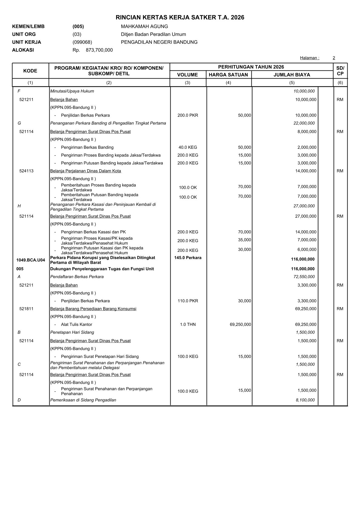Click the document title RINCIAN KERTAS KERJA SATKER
click(x=180, y=18)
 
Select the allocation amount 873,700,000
click(x=99, y=50)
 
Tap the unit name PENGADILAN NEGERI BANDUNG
click(x=159, y=42)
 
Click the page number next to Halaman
click(x=334, y=58)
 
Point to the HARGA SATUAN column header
click(x=228, y=75)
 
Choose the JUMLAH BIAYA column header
click(x=292, y=75)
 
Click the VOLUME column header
click(x=188, y=75)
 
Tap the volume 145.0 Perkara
click(x=188, y=258)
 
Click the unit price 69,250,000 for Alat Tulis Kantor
click(x=240, y=325)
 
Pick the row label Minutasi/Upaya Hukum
click(x=72, y=91)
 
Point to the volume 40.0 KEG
click(x=188, y=148)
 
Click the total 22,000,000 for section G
click(x=304, y=123)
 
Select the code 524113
click(x=26, y=171)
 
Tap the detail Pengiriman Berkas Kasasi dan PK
click(x=93, y=232)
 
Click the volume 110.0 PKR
click(x=188, y=301)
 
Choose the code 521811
click(x=26, y=309)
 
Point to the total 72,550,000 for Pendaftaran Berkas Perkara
click(x=304, y=277)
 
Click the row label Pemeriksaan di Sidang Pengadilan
click(x=83, y=400)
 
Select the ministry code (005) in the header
click(x=78, y=27)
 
